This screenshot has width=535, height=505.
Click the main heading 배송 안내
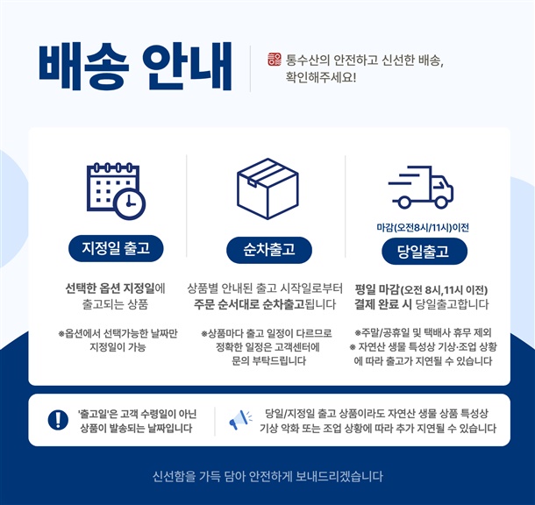(135, 67)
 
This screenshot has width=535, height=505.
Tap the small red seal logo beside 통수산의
(275, 60)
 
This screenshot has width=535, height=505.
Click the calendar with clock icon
(116, 191)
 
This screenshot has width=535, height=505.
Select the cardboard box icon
(267, 188)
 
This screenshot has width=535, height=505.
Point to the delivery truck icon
(421, 188)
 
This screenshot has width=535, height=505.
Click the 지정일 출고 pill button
(116, 248)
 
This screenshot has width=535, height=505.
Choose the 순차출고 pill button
(269, 250)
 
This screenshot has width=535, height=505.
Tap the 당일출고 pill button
(424, 252)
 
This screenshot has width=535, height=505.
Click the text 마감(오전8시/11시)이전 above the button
(423, 227)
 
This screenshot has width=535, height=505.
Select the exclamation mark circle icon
(58, 420)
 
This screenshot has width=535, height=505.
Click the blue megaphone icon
(239, 420)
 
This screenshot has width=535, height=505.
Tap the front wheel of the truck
(441, 203)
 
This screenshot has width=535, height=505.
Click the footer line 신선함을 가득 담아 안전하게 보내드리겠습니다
(267, 476)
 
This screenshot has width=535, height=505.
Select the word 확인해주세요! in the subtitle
(321, 77)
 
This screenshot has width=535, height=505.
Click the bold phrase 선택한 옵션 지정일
(110, 288)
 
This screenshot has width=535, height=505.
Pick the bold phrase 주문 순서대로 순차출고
(249, 304)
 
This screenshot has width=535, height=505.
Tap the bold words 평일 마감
(377, 289)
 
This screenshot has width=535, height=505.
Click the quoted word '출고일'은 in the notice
(98, 414)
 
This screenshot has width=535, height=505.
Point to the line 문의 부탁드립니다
(269, 360)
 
